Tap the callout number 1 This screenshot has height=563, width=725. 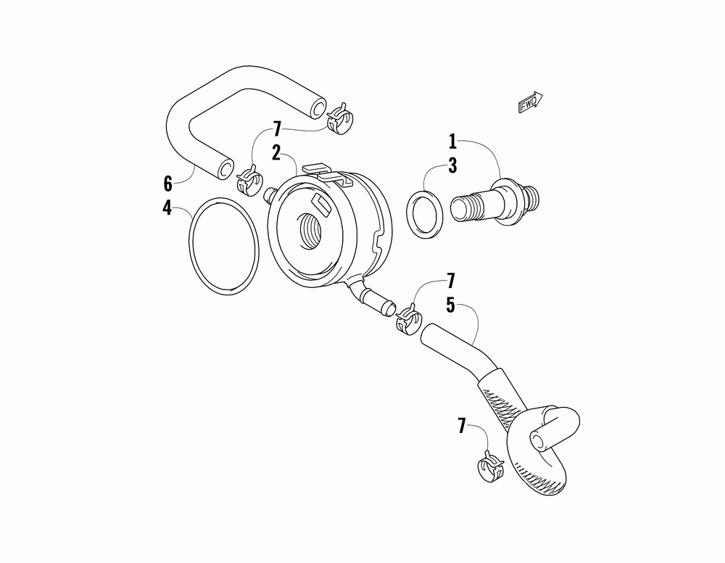click(x=452, y=140)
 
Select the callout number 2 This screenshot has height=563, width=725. click(x=276, y=152)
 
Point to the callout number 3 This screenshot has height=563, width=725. click(x=452, y=165)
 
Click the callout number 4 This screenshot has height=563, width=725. click(x=167, y=209)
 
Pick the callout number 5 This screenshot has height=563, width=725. click(x=450, y=305)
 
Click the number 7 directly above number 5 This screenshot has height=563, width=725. click(x=450, y=280)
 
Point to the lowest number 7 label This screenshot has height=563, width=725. click(x=461, y=426)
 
